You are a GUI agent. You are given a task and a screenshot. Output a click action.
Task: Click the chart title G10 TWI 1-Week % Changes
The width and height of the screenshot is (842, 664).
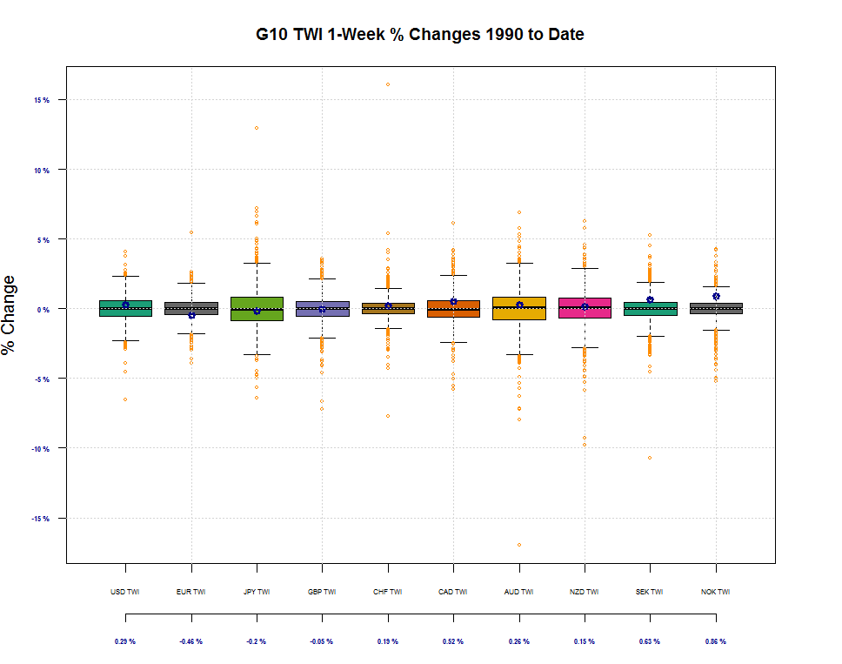[420, 35]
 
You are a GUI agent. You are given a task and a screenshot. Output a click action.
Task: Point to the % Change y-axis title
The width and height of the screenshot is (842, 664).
[10, 314]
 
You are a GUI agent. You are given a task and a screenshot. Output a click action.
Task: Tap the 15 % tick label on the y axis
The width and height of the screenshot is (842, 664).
[42, 100]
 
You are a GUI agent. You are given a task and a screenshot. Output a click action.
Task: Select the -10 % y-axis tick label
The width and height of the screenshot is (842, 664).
[41, 449]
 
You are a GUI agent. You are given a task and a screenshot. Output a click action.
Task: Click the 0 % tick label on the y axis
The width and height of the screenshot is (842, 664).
[43, 309]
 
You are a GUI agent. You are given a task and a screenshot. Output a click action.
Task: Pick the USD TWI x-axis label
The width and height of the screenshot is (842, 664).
[125, 593]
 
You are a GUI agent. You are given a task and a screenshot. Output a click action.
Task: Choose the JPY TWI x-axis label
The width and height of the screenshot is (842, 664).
[257, 593]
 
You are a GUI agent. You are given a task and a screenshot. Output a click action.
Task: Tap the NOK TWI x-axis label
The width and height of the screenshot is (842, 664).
[716, 593]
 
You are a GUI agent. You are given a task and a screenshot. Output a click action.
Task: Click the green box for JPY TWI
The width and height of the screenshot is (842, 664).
[257, 309]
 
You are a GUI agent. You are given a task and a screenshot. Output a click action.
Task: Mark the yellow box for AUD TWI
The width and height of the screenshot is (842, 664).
[519, 308]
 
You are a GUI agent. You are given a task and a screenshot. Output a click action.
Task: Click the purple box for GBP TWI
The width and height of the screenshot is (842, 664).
[322, 309]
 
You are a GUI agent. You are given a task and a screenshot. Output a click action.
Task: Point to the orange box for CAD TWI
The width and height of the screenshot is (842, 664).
[453, 308]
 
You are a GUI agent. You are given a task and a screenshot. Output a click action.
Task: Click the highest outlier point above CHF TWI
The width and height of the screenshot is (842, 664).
[388, 84]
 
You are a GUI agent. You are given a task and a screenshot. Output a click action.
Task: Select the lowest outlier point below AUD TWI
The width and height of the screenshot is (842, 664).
[519, 545]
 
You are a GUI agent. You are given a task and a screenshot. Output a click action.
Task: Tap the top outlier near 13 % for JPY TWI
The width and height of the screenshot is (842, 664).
[257, 128]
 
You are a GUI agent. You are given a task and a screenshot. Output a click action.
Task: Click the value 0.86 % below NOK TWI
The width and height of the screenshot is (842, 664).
[716, 641]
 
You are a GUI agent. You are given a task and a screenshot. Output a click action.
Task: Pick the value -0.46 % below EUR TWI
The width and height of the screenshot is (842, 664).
[190, 641]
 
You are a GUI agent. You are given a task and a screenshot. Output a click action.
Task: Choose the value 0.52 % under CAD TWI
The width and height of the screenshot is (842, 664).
[453, 641]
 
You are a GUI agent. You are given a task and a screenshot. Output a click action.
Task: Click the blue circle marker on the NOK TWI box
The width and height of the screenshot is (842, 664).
[716, 297]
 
